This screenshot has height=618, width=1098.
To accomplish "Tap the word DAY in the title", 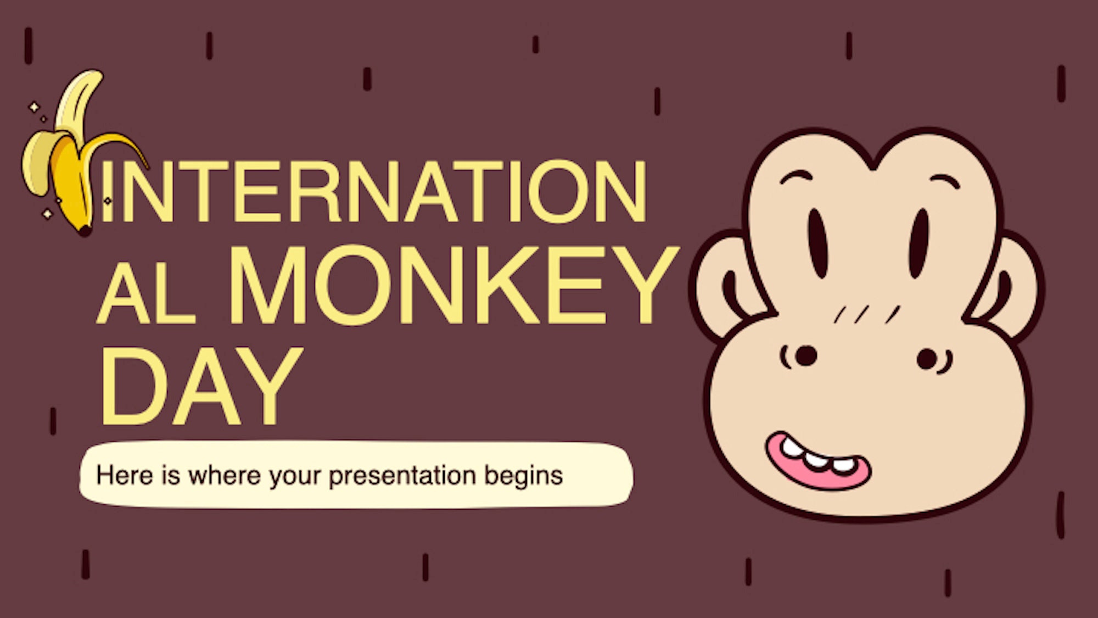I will (x=201, y=387).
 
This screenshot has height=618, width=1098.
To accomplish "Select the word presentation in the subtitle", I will (x=402, y=476).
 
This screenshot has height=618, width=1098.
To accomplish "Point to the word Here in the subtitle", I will (x=124, y=475).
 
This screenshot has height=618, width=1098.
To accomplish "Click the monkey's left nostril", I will (x=805, y=356).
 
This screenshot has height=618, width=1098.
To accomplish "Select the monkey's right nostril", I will (x=927, y=359).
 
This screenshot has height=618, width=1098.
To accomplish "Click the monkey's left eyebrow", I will (x=796, y=177).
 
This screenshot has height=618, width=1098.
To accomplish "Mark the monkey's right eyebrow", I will (x=944, y=180).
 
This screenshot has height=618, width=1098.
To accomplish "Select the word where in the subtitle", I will (x=224, y=475).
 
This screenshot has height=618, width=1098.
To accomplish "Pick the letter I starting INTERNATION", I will (x=106, y=192).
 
